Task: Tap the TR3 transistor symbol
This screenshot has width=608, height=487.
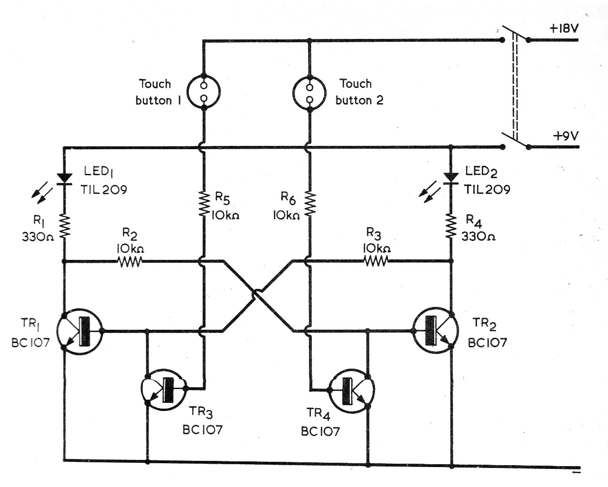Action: coord(163,390)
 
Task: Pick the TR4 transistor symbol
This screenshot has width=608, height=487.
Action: coord(352,390)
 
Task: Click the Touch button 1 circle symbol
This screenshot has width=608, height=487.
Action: coord(204,92)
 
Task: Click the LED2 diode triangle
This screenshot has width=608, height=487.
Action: coord(450,177)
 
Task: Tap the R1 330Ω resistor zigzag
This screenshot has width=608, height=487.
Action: coord(64,225)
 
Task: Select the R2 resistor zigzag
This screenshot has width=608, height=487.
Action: coord(129,261)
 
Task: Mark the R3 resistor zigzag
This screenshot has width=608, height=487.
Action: coord(375,260)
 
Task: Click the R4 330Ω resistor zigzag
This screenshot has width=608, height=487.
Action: coord(450,225)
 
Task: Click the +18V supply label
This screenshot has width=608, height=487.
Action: coord(564,28)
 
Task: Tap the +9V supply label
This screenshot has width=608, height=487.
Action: coord(566,136)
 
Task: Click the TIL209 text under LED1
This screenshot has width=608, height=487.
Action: coord(103,190)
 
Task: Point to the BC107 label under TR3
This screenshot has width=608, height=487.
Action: coord(202,430)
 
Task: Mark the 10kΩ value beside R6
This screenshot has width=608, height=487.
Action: coord(286,215)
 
